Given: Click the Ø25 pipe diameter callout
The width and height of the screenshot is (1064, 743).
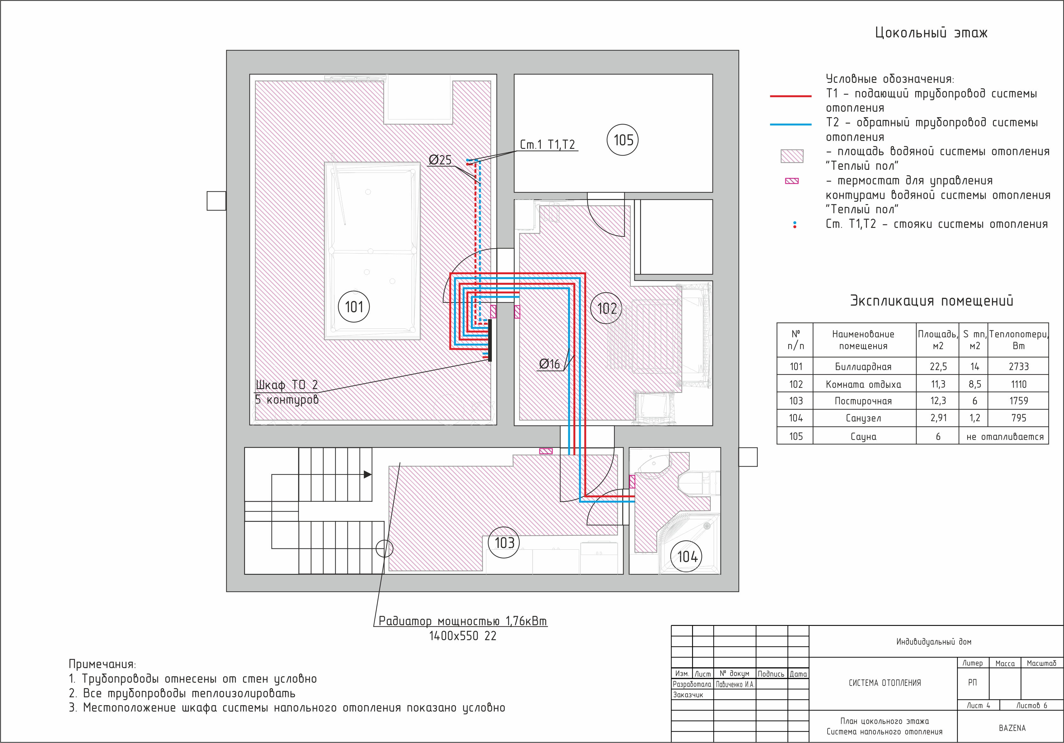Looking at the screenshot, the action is coord(440,160).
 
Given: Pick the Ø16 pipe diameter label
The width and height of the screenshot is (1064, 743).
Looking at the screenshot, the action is coord(550,364).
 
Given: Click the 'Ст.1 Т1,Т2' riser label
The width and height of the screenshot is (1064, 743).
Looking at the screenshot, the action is coord(547,145).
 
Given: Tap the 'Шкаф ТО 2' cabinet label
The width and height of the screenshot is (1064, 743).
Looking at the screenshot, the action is coord(287,385).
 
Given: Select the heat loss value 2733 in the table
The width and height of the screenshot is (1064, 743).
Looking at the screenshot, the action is coord(1019,367).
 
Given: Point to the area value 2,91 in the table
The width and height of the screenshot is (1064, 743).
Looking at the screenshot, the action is coord(938,418).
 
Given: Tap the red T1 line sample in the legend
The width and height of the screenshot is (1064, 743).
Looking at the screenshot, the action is coord(790,96).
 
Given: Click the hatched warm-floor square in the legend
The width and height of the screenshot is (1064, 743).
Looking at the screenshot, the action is coord(792,156).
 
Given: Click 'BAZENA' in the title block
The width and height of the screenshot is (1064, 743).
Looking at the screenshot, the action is coord(1012,728).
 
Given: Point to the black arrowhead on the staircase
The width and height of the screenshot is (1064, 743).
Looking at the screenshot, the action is coord(367,474).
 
